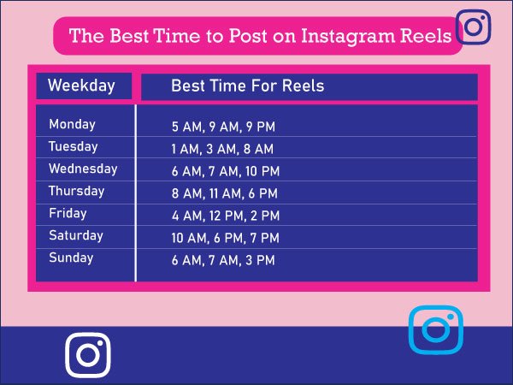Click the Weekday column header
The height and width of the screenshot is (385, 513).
[x=81, y=86]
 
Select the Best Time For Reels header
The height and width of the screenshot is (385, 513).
[x=248, y=86]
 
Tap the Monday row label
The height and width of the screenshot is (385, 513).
[x=72, y=125]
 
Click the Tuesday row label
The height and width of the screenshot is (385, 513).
[x=73, y=147]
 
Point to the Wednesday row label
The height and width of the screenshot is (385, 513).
[x=83, y=169]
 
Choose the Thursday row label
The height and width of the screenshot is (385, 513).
[x=76, y=192]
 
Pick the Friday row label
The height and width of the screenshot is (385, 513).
[x=68, y=214]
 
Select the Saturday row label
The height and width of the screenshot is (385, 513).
[x=75, y=236]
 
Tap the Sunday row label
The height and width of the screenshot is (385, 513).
[x=71, y=258]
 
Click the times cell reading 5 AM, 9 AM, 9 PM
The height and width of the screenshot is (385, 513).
[x=223, y=127]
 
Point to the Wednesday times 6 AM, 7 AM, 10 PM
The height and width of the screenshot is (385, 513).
[x=226, y=172]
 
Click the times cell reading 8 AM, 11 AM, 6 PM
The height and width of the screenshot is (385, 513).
[x=225, y=194]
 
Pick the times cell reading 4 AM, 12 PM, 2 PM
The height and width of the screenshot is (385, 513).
[x=226, y=216]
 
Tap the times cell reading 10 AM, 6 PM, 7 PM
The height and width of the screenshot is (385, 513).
[x=226, y=239]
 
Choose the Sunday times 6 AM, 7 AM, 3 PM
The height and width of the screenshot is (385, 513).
[x=223, y=261]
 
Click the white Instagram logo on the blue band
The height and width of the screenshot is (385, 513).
[x=88, y=354]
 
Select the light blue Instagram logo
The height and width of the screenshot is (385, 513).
[x=435, y=329]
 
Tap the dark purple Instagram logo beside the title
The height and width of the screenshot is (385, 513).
[x=474, y=27]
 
